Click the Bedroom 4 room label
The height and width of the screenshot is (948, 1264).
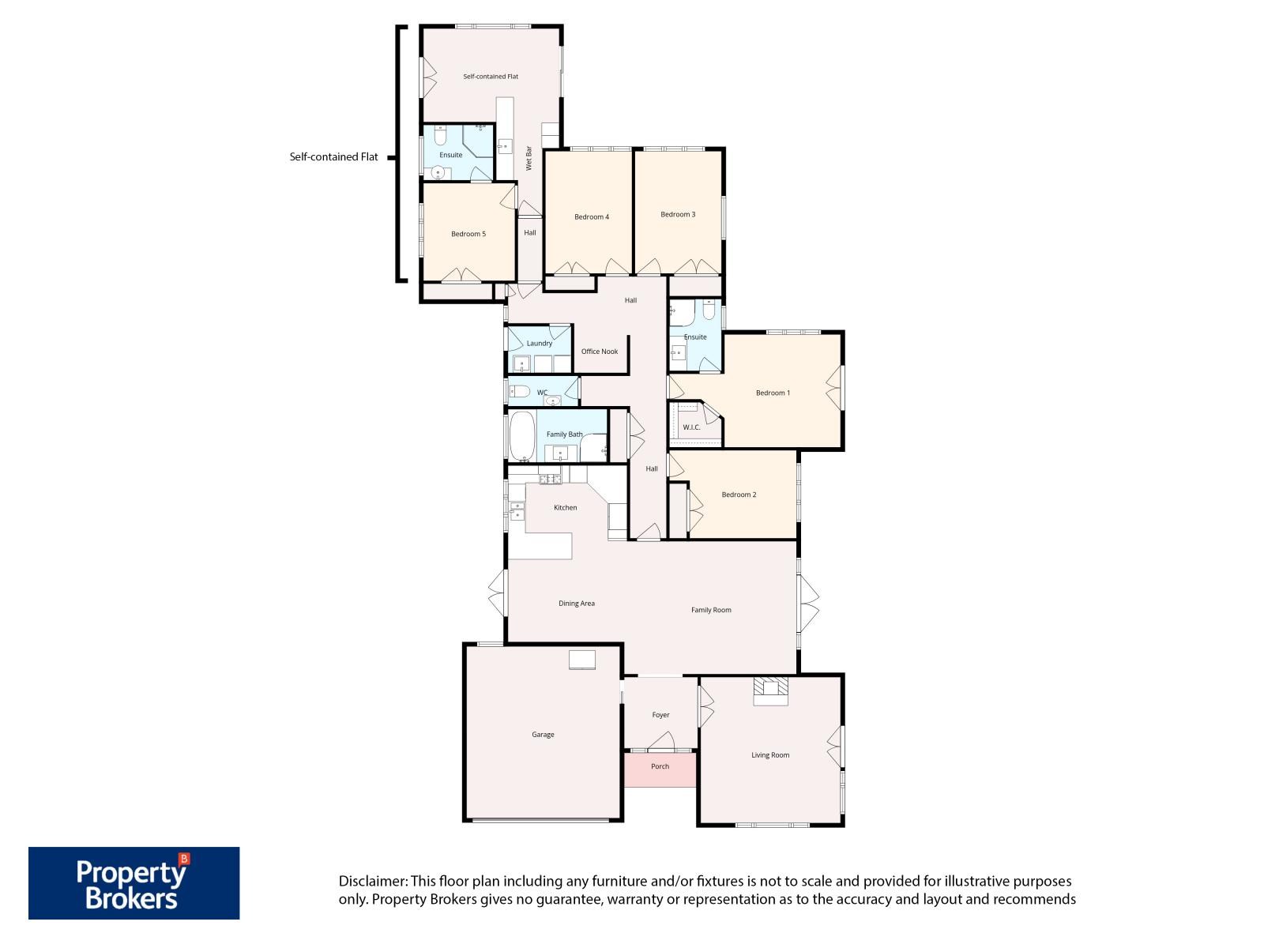point(591,217)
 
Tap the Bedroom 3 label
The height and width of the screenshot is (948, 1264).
point(678,215)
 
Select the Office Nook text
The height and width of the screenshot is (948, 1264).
point(600,352)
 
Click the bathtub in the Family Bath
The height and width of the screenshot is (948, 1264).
point(521,435)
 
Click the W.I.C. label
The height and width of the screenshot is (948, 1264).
point(691,427)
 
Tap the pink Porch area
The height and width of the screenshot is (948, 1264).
point(660,769)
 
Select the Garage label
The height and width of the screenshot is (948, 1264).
point(543,735)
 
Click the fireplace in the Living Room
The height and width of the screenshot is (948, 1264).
point(770,690)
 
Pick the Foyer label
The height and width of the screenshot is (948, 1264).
point(660,715)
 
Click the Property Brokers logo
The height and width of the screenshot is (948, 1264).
point(134,882)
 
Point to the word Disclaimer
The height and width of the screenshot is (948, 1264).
point(373,881)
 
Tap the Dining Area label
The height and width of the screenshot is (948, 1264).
point(577,604)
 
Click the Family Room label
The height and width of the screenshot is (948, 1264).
point(711,610)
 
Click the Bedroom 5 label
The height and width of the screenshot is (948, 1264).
point(468,234)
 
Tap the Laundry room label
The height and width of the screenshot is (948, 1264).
point(540,344)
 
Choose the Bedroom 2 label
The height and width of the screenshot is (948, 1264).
point(739,495)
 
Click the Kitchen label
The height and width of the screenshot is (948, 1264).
point(565,508)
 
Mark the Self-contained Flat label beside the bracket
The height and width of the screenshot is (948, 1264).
point(333,156)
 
